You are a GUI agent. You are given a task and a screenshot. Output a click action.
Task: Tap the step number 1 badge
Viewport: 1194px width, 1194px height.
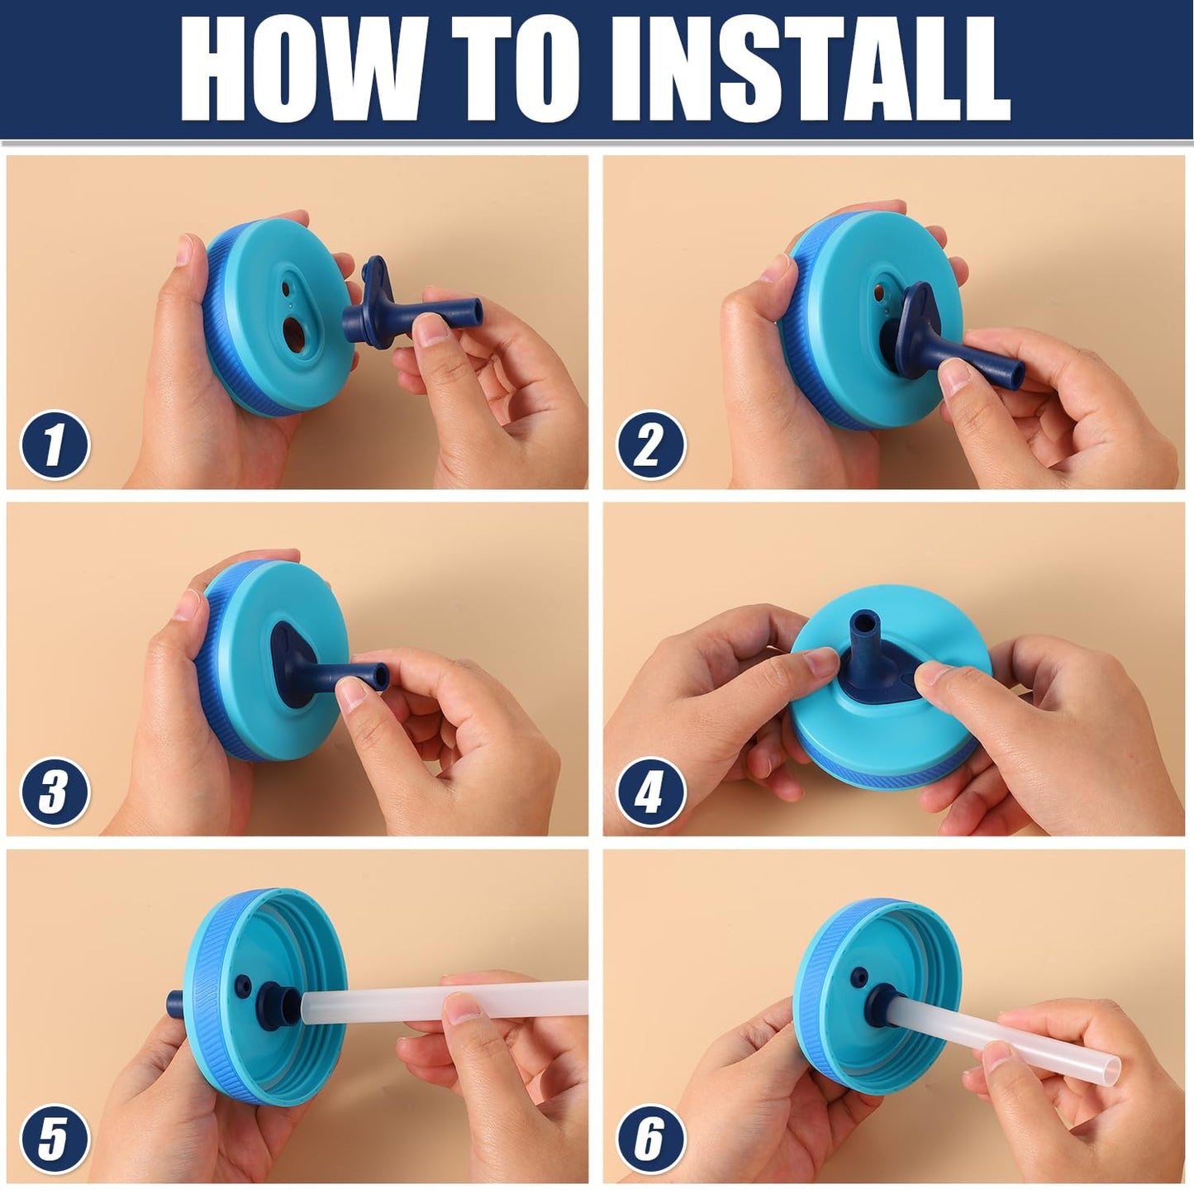click(55, 445)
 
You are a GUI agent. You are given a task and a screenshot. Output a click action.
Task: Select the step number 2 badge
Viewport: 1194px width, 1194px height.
click(650, 445)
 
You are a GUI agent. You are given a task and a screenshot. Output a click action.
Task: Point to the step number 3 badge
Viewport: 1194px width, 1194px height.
click(55, 792)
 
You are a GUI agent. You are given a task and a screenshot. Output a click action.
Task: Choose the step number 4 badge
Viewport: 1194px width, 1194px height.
click(650, 792)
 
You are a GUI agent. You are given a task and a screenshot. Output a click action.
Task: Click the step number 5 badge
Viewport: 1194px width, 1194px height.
click(55, 1139)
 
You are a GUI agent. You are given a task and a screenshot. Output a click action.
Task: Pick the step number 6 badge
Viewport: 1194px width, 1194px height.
click(650, 1139)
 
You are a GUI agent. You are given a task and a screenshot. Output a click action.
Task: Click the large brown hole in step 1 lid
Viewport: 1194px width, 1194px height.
click(293, 333)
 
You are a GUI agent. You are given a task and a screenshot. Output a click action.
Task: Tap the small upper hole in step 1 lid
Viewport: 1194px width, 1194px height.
click(286, 289)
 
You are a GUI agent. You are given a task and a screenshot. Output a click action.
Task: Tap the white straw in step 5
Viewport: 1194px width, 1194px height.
click(444, 1001)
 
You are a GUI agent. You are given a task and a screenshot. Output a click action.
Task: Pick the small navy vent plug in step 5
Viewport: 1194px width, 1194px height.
click(243, 985)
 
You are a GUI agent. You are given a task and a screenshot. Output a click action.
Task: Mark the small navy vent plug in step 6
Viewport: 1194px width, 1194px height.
click(859, 978)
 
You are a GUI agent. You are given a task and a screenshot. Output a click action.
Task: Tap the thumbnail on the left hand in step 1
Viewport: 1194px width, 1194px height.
click(183, 250)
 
